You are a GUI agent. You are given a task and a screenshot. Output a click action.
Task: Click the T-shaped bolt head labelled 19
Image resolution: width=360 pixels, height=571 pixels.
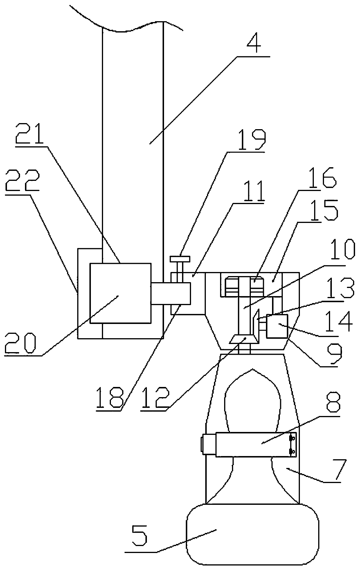point(180,258)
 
